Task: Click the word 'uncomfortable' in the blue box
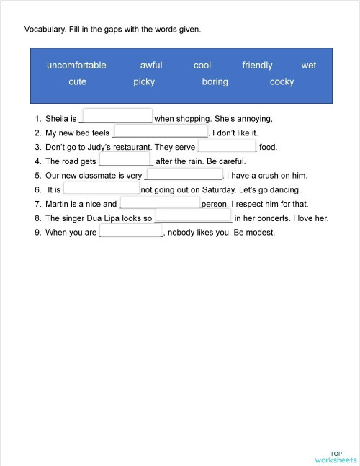[76, 66]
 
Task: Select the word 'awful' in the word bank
[151, 66]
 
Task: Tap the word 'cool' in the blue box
[202, 66]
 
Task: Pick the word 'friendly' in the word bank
[257, 66]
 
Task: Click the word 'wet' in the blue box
[309, 66]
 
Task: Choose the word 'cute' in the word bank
[77, 82]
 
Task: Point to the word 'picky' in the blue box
[144, 82]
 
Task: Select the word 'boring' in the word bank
[215, 82]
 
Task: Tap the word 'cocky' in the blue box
[282, 82]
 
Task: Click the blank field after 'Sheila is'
[117, 116]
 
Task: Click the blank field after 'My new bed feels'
[161, 130]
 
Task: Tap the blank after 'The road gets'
[124, 159]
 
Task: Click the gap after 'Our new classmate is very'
[184, 174]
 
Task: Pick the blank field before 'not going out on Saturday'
[101, 188]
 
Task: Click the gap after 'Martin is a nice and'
[159, 202]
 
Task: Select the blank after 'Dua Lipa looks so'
[193, 216]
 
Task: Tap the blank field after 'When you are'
[130, 231]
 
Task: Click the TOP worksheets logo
[336, 456]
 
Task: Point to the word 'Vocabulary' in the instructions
[45, 30]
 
